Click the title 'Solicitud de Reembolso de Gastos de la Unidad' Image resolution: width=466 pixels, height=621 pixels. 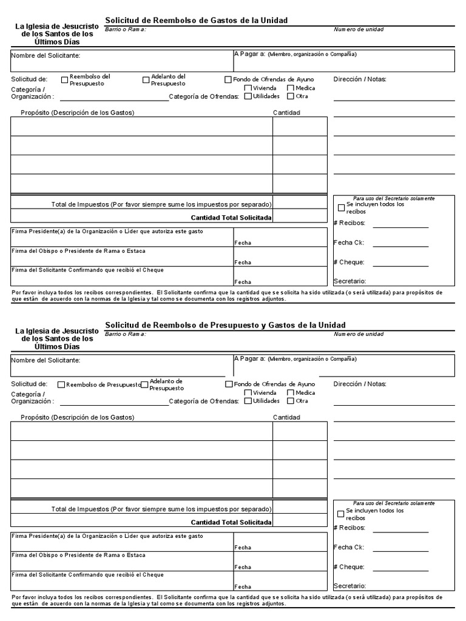[197, 21]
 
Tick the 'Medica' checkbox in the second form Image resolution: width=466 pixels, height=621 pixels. [291, 393]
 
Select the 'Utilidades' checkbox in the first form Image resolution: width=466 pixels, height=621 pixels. [248, 96]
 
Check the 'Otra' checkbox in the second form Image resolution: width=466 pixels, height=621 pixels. [291, 401]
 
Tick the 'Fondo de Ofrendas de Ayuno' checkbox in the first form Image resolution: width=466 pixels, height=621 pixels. [228, 79]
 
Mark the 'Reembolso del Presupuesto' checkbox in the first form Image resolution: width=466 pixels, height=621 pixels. [64, 79]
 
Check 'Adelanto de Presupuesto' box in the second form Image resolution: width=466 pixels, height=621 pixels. [145, 384]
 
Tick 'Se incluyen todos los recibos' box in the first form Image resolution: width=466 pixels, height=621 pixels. [341, 208]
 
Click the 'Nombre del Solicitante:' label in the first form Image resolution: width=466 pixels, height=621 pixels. [46, 56]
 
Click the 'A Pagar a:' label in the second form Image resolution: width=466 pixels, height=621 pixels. [249, 358]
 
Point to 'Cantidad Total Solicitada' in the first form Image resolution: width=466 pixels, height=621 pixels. [231, 218]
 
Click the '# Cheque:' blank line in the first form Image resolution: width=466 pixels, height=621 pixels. [400, 266]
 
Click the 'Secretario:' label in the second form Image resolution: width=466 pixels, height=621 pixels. [349, 586]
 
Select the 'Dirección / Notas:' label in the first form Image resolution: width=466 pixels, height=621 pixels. [360, 79]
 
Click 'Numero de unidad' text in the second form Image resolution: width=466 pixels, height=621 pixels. [359, 334]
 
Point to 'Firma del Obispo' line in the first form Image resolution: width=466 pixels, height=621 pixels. [79, 251]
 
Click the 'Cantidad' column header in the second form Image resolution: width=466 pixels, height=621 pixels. [286, 417]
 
